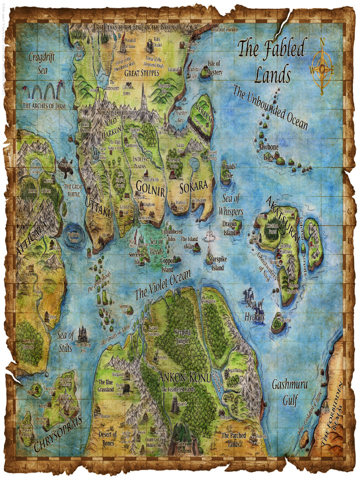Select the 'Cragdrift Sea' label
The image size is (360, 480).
point(41,64)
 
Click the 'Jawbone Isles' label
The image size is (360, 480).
point(268,152)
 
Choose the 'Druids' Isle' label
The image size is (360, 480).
point(229,170)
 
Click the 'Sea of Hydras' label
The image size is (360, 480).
point(255,310)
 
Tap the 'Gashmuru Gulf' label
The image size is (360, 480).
point(290,393)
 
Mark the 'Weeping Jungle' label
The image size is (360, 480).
point(182,336)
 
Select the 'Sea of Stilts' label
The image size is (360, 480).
point(65,341)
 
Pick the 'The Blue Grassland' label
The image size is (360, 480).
point(105,386)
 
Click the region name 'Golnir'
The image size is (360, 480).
point(150,186)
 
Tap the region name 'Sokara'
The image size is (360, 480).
point(193,186)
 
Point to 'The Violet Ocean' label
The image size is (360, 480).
point(163,286)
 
